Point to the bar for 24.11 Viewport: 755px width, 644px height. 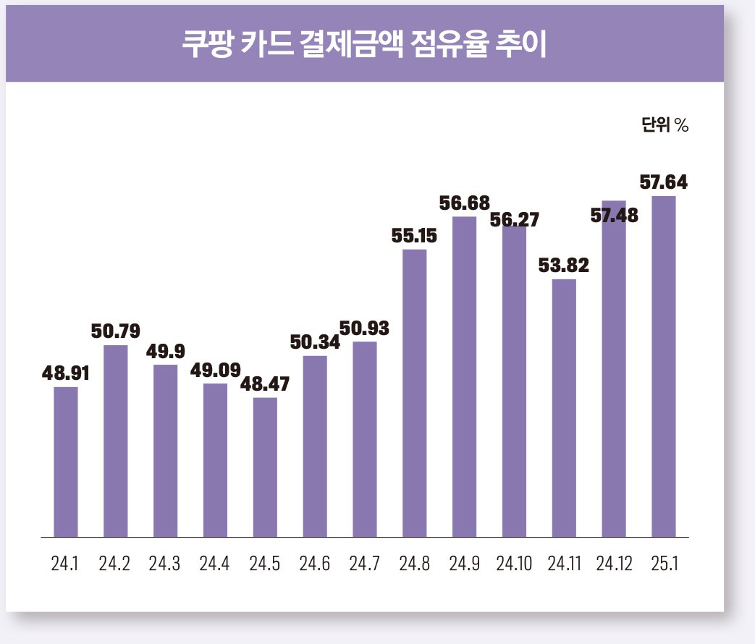[x=564, y=408]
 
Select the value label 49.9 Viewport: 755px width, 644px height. [x=165, y=352]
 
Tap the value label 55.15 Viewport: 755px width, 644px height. [x=415, y=236]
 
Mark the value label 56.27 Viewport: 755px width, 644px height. [x=515, y=219]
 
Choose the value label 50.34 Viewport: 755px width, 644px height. [x=315, y=342]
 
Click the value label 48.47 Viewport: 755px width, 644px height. [x=265, y=384]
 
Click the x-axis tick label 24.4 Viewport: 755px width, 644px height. [x=214, y=564]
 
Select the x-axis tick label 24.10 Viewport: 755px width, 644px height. [x=513, y=564]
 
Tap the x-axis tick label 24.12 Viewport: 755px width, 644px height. [x=613, y=564]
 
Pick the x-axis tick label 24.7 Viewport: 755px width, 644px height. [x=364, y=564]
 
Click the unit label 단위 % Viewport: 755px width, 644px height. [x=664, y=124]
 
